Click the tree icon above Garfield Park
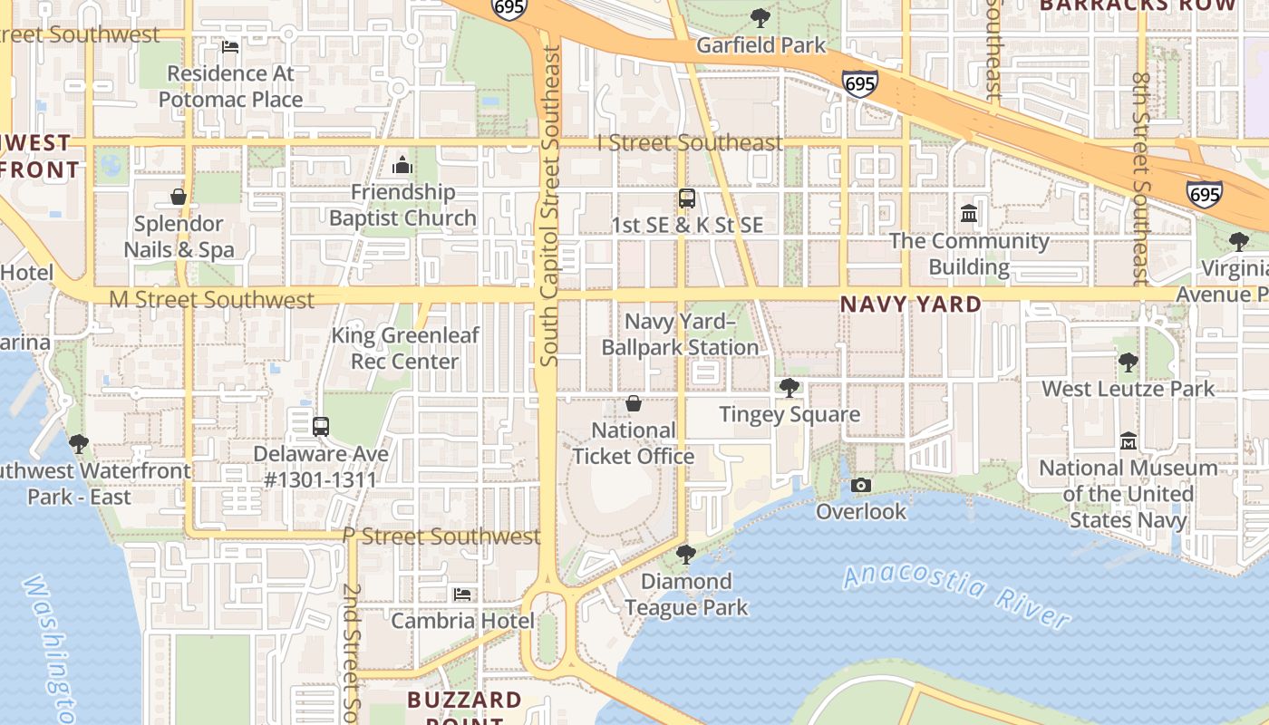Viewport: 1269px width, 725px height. (760, 18)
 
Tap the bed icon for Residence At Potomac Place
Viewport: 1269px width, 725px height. (230, 46)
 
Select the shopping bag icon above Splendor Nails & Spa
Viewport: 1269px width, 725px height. (179, 197)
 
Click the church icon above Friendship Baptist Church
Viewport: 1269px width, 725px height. (402, 165)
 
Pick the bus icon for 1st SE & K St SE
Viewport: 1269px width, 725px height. (687, 198)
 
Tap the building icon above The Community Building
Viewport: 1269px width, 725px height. (969, 214)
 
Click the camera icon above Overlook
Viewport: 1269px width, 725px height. (861, 486)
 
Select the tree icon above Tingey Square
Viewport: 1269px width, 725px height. (789, 388)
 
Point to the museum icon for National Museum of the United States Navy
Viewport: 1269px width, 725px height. (1129, 441)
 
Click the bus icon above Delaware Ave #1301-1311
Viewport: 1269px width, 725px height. (320, 427)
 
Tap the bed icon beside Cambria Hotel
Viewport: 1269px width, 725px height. (462, 594)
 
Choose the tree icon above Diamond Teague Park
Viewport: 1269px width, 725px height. (686, 554)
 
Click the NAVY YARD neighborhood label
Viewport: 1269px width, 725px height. (910, 304)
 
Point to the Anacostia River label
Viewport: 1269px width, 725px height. (956, 594)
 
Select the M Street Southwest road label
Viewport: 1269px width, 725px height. (211, 299)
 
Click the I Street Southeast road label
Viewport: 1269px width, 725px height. (690, 142)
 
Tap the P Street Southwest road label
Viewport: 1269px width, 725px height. (441, 536)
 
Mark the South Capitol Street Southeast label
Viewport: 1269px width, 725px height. (550, 207)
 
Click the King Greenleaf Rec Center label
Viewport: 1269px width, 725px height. (405, 348)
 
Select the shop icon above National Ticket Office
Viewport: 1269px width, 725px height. (634, 403)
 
